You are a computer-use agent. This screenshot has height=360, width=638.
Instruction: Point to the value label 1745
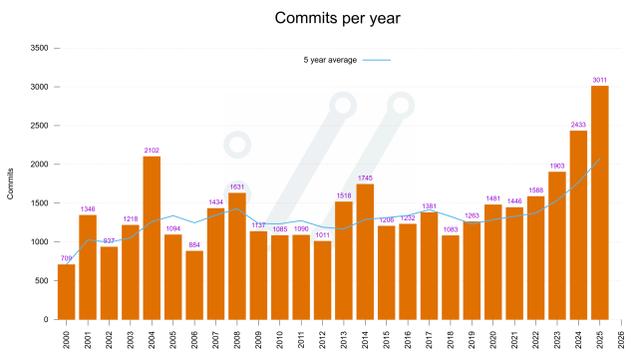point(365,177)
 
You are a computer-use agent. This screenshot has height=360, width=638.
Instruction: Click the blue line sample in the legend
point(376,61)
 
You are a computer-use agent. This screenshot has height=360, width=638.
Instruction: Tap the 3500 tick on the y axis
point(40,48)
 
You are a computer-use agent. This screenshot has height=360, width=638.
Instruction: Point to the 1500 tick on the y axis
point(40,203)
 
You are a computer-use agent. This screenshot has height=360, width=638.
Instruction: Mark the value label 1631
point(236,185)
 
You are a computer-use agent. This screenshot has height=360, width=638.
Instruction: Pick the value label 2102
point(152,150)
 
